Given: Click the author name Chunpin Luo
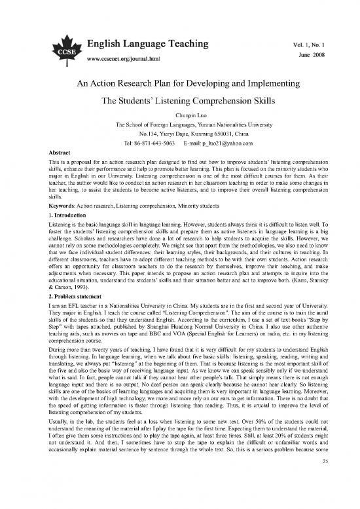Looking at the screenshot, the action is tap(180, 113).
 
